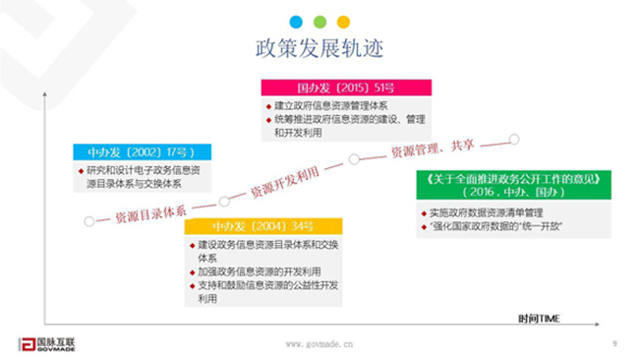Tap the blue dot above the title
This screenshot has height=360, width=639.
tap(294, 22)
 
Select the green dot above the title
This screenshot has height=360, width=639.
tap(319, 22)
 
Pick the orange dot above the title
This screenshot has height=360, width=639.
tap(343, 22)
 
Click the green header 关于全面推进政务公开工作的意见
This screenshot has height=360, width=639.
tap(508, 179)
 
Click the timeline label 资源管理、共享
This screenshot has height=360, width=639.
tap(433, 150)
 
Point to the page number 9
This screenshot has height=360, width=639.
tap(613, 343)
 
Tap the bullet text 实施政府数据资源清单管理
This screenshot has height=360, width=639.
tap(482, 213)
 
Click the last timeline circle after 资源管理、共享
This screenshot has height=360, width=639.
tap(514, 139)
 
